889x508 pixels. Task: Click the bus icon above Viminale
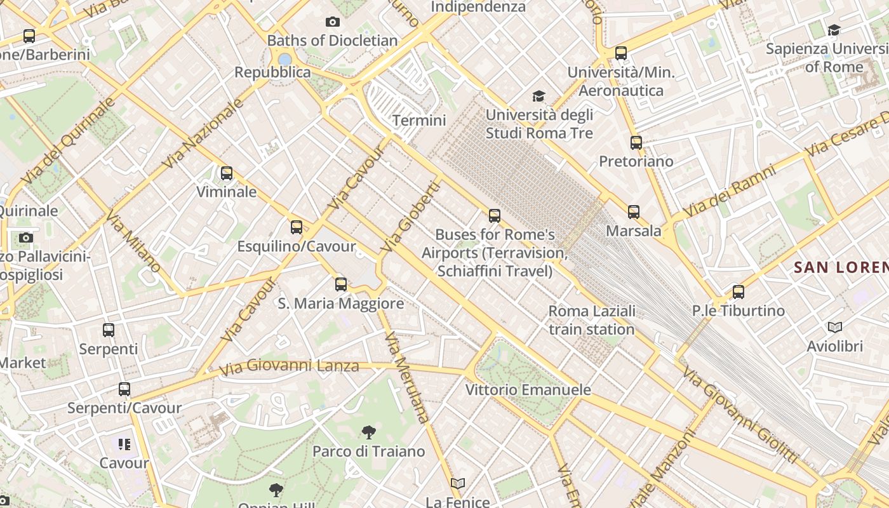(x=227, y=173)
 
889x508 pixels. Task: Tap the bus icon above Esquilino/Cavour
(x=297, y=227)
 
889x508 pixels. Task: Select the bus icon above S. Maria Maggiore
(x=341, y=284)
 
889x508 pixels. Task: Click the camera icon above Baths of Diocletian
(x=332, y=22)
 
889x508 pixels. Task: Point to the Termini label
(x=419, y=120)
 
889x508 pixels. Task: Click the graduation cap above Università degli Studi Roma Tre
(x=538, y=96)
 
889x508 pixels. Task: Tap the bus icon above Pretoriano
(x=636, y=143)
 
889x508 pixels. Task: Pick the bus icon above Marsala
(x=634, y=212)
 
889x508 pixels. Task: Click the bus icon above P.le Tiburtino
(x=739, y=292)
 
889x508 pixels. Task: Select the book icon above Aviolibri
(x=835, y=328)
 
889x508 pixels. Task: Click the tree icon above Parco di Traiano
(x=369, y=432)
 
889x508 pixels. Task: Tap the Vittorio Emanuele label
(x=528, y=389)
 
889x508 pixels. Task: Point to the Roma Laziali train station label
(x=592, y=320)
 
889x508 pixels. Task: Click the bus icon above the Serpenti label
(x=109, y=330)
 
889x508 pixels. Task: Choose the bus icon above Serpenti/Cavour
(x=124, y=389)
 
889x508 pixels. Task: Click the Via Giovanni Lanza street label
(x=289, y=366)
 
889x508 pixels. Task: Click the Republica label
(x=273, y=72)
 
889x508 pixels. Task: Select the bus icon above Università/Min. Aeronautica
(x=621, y=53)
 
